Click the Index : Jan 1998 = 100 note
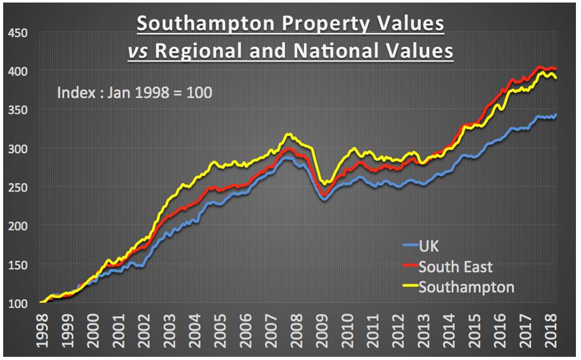[135, 92]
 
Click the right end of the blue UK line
[556, 116]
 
